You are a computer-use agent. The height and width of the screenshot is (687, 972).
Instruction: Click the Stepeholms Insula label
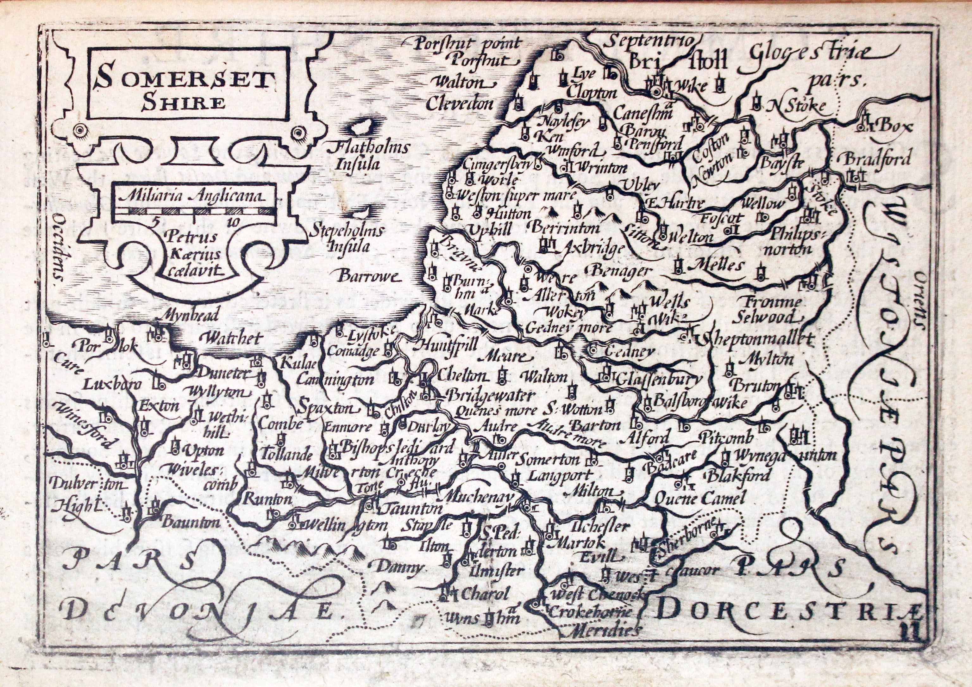coord(347,238)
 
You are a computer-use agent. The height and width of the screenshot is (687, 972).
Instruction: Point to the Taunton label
coord(413,508)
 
